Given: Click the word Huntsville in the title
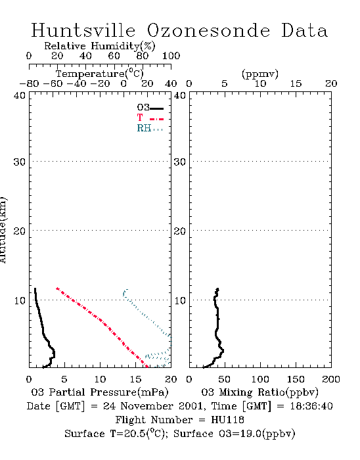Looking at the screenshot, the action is click(83, 30).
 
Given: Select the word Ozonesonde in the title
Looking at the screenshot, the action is click(208, 30).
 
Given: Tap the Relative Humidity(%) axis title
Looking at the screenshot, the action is click(100, 46).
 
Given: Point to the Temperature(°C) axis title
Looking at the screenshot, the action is click(100, 74).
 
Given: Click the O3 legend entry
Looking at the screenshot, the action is click(150, 108).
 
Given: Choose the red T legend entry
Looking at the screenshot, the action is click(150, 118).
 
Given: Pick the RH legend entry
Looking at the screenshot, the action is click(150, 128).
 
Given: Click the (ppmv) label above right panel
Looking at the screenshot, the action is click(260, 74).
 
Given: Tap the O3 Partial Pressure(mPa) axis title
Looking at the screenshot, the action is click(100, 392).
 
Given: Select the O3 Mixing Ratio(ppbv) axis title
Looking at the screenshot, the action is click(259, 392).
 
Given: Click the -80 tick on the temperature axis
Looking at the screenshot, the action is click(29, 83).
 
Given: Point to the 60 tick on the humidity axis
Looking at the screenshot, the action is click(114, 55).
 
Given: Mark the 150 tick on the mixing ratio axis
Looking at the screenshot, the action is click(296, 379).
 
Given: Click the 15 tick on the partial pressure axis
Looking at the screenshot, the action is click(135, 379).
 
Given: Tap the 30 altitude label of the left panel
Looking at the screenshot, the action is click(19, 162).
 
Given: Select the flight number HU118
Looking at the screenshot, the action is click(227, 420).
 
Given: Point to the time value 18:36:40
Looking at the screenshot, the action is click(311, 406).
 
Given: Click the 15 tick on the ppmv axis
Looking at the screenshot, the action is click(296, 83).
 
